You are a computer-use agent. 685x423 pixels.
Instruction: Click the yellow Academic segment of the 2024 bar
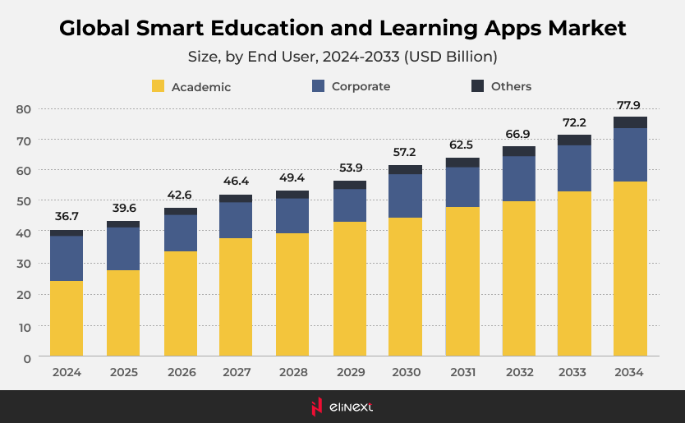[x=67, y=319]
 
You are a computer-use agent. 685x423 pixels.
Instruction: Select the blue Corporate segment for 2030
[x=405, y=195]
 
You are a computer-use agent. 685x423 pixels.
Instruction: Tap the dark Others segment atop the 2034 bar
[x=630, y=122]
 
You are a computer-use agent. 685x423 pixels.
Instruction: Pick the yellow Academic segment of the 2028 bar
[x=292, y=295]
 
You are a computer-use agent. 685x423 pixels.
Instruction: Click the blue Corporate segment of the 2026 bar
[x=180, y=232]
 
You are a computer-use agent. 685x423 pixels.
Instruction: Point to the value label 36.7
[x=67, y=216]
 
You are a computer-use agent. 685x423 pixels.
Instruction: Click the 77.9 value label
[x=630, y=104]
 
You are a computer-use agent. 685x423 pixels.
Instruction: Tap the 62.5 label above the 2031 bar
[x=462, y=145]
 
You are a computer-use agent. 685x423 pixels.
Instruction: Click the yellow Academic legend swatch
[x=159, y=86]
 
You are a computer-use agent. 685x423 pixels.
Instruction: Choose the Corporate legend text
[x=361, y=86]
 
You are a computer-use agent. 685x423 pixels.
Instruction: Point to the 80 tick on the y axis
[x=23, y=109]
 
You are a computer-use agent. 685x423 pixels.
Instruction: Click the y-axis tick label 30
[x=23, y=264]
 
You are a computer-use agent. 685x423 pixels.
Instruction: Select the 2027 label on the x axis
[x=237, y=372]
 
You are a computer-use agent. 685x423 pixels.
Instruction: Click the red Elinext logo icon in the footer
[x=316, y=406]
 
